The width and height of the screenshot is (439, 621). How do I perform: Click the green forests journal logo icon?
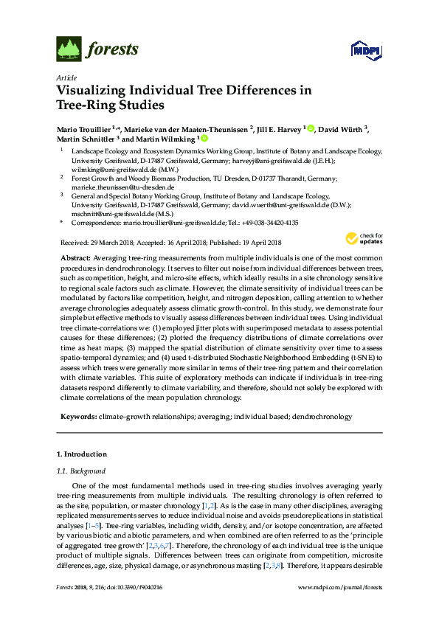pos(69,50)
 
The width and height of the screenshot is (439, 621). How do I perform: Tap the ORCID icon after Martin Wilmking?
pos(204,139)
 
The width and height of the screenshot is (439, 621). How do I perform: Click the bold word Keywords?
pos(78,417)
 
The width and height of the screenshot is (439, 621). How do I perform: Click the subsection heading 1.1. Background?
pos(81,471)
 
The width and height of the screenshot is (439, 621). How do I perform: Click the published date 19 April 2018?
pos(262,243)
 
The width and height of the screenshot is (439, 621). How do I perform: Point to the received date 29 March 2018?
pos(106,243)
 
